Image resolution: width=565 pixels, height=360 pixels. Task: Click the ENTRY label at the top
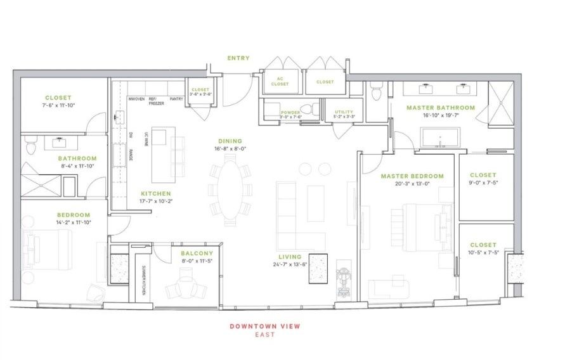tap(238, 58)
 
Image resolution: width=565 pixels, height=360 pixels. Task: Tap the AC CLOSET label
tap(280, 82)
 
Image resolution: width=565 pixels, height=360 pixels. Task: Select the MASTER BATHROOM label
tap(440, 108)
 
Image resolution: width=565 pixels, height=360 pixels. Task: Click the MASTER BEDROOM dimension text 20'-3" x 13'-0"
tap(412, 184)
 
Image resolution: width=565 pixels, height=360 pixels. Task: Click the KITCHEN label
tap(156, 193)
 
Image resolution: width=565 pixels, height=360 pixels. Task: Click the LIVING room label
tap(290, 256)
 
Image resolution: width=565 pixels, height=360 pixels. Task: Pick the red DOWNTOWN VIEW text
tap(265, 326)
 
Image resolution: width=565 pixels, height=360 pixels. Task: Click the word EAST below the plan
tap(265, 335)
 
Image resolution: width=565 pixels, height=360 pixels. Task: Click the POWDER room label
tap(290, 112)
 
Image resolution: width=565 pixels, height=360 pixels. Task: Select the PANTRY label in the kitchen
tap(176, 99)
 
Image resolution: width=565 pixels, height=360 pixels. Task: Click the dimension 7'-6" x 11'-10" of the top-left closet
tap(58, 105)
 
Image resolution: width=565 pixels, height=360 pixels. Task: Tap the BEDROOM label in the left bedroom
tap(74, 215)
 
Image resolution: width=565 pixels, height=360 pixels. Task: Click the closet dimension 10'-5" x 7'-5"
tap(483, 252)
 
